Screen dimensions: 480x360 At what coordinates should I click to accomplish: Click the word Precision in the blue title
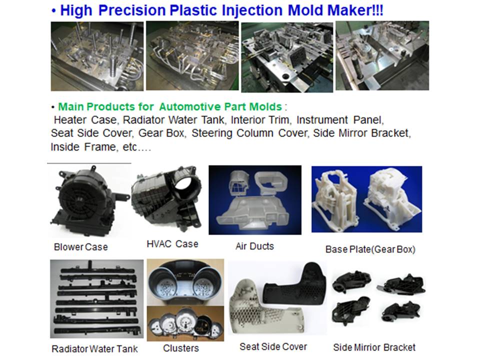pyautogui.click(x=132, y=10)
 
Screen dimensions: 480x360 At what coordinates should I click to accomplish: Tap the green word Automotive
pyautogui.click(x=190, y=106)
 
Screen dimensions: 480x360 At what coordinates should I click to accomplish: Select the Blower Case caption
pyautogui.click(x=81, y=247)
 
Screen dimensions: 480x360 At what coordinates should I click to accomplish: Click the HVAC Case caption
pyautogui.click(x=172, y=244)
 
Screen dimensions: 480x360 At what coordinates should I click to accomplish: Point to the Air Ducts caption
pyautogui.click(x=254, y=246)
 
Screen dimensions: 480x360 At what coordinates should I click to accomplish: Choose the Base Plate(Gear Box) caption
pyautogui.click(x=370, y=249)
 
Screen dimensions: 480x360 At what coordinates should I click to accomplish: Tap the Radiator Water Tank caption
pyautogui.click(x=94, y=348)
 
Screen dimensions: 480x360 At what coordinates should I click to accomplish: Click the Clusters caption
pyautogui.click(x=181, y=348)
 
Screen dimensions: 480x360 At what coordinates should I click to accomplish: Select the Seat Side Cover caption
pyautogui.click(x=273, y=346)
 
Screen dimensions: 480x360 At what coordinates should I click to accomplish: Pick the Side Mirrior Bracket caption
pyautogui.click(x=374, y=347)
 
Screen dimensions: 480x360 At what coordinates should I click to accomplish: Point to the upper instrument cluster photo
pyautogui.click(x=185, y=282)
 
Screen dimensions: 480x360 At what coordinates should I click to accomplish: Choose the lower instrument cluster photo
pyautogui.click(x=185, y=323)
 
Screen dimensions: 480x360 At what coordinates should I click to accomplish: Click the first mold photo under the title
pyautogui.click(x=97, y=56)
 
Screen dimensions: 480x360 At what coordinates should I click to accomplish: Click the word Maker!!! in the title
pyautogui.click(x=355, y=10)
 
